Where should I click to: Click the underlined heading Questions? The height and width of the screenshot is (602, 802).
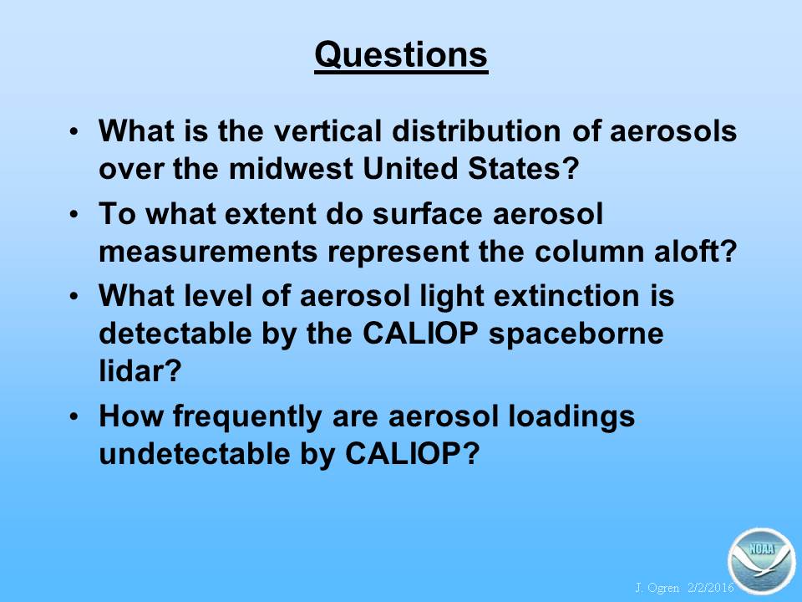click(x=401, y=55)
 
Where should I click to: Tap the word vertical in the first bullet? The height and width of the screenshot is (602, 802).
click(x=327, y=130)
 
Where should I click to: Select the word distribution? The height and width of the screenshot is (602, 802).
click(x=477, y=130)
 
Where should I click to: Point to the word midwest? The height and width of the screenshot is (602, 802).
click(x=291, y=168)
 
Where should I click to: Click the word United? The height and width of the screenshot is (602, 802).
click(x=409, y=168)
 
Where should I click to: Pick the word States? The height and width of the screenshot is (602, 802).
click(x=522, y=168)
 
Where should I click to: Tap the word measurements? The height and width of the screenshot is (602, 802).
click(x=208, y=252)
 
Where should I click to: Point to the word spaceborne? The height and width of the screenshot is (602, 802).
click(x=576, y=334)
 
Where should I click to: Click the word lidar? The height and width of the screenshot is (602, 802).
click(x=140, y=370)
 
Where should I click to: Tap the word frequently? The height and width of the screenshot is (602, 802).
click(x=247, y=416)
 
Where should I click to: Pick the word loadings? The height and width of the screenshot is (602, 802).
click(x=571, y=416)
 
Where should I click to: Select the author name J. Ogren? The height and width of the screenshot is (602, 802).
click(x=657, y=588)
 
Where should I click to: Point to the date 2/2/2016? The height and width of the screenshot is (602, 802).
click(x=711, y=588)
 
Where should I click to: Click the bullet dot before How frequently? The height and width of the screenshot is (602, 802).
click(x=74, y=416)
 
